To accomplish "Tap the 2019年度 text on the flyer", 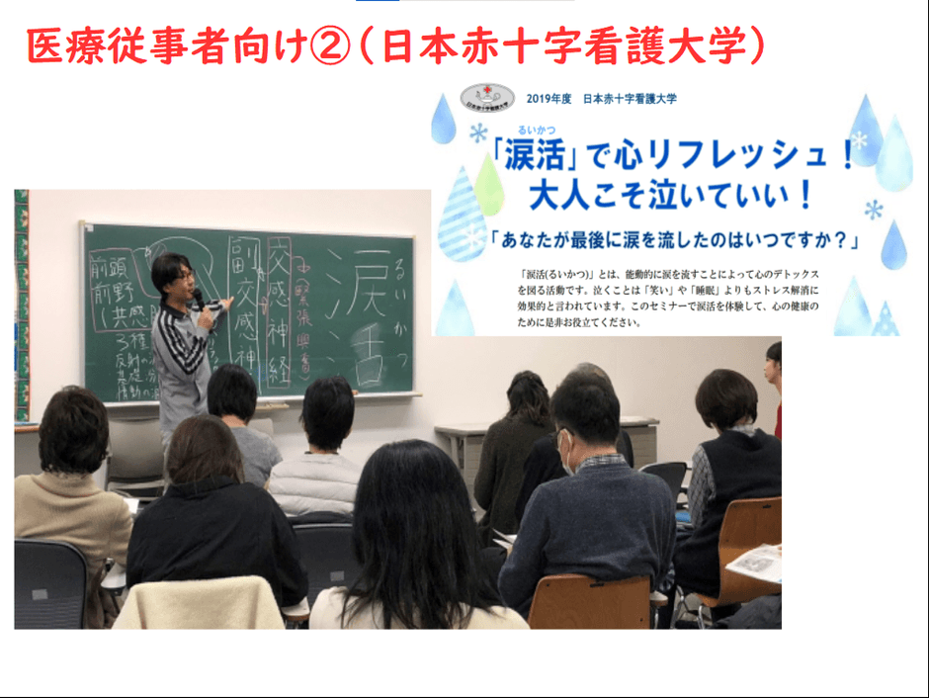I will (549, 99).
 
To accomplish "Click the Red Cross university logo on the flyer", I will (481, 98).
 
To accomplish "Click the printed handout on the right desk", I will (755, 563).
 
